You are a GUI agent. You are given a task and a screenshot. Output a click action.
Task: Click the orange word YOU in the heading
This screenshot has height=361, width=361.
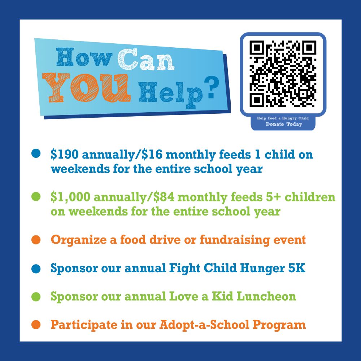(86, 87)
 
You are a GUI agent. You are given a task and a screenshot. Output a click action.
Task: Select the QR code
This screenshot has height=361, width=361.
(283, 74)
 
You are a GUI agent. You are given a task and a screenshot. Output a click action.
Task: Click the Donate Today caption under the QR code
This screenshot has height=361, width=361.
(284, 124)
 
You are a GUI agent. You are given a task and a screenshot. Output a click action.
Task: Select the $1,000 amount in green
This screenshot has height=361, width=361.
(70, 197)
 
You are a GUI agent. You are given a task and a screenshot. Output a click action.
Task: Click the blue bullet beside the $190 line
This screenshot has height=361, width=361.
(36, 154)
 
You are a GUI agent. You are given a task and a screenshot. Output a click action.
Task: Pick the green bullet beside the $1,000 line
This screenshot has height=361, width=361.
(36, 197)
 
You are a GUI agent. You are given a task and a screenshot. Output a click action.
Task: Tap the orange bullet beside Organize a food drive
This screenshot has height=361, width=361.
(36, 240)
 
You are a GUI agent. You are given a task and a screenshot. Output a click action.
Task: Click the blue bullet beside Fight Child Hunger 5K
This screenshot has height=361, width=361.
(36, 269)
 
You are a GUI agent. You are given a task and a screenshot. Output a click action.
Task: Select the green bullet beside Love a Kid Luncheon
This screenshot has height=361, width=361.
(36, 296)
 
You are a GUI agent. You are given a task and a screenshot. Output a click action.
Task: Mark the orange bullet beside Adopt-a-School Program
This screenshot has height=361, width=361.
(36, 325)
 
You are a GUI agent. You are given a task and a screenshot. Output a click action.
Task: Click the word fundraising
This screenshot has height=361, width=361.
(235, 240)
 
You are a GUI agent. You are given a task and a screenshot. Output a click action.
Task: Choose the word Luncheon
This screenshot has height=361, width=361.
(266, 296)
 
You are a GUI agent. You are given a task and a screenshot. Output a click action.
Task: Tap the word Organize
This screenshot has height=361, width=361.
(79, 240)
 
